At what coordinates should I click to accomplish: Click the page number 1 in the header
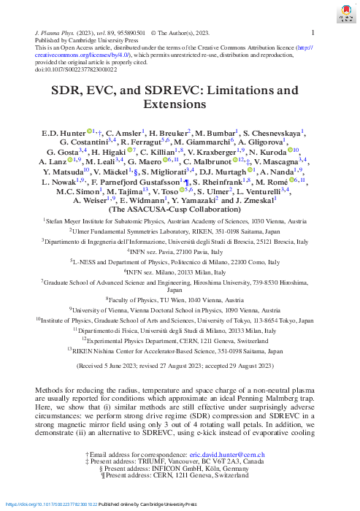313,33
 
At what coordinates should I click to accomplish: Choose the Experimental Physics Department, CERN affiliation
180,339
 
